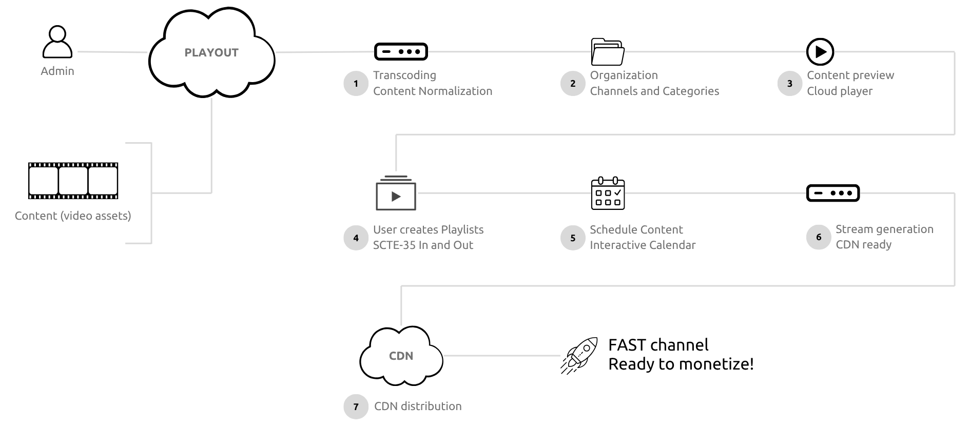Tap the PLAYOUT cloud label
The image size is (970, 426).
pos(211,53)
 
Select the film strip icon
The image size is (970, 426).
pos(73,181)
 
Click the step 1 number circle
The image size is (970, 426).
pos(356,84)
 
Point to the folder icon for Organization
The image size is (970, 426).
pos(608,52)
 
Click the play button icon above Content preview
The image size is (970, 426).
pos(820,52)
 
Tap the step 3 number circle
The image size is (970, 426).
pos(790,84)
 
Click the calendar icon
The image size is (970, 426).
pos(608,193)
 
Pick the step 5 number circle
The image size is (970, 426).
pos(573,238)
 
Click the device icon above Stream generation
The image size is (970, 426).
pos(832,193)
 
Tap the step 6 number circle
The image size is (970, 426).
pos(819,237)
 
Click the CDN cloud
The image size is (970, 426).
pos(401,356)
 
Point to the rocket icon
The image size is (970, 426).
pos(579,355)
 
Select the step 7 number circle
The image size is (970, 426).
pos(356,407)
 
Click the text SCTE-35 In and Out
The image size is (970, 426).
pos(423,245)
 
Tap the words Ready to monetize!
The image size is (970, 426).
pos(681,364)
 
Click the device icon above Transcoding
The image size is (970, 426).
pos(401,52)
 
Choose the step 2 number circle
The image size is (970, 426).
pos(573,84)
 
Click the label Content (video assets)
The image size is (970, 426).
pos(73,216)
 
